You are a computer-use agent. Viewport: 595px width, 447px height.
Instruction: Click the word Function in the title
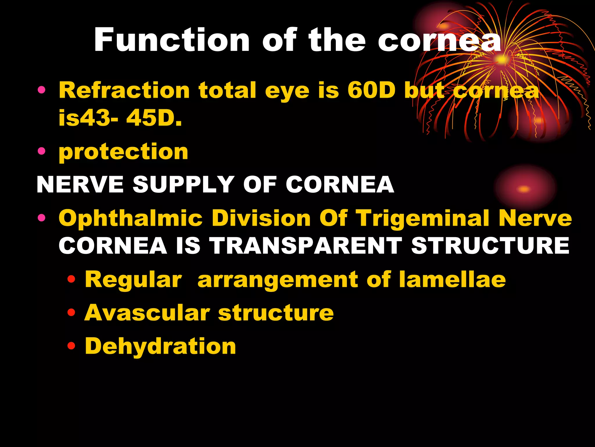(x=172, y=40)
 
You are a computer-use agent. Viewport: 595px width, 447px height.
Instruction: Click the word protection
(x=123, y=152)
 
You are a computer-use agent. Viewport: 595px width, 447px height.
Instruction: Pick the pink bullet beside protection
(x=42, y=151)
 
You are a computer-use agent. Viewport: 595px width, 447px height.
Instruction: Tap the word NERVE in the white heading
(x=80, y=185)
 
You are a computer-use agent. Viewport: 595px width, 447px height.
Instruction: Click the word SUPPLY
(x=184, y=185)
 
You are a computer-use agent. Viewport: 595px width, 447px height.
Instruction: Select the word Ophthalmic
(x=130, y=218)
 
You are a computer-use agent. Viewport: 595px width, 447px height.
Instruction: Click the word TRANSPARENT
(x=305, y=246)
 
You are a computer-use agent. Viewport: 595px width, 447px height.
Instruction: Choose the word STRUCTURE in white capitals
(x=490, y=246)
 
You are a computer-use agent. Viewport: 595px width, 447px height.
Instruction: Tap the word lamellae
(x=452, y=279)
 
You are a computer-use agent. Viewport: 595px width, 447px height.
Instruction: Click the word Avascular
(x=147, y=313)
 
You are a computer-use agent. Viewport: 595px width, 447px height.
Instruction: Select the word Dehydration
(x=160, y=347)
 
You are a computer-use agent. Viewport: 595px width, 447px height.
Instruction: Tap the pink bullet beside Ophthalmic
(x=42, y=217)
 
